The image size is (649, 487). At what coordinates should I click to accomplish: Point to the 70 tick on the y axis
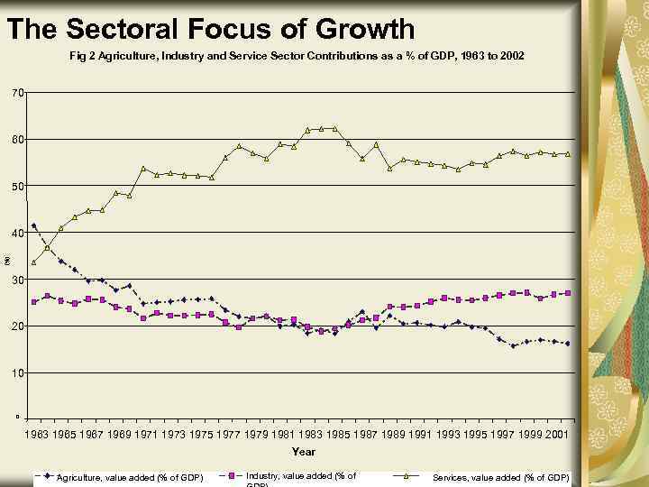point(18,93)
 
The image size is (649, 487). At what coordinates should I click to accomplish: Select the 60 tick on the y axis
point(18,140)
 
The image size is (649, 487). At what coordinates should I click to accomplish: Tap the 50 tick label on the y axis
point(18,187)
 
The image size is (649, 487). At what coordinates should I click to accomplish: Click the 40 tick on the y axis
point(18,234)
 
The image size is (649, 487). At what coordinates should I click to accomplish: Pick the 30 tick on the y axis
point(18,280)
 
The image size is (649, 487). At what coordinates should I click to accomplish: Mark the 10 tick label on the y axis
point(18,372)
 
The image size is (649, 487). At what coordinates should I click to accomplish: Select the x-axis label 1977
point(232,435)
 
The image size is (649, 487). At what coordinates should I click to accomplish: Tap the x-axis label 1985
point(341,435)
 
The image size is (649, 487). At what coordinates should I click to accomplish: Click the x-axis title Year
point(303,452)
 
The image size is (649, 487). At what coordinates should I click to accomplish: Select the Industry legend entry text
point(300,476)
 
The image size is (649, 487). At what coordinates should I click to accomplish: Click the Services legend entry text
point(501,477)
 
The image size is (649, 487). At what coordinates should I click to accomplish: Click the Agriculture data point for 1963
point(34,225)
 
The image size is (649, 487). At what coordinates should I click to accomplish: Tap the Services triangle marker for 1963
point(34,262)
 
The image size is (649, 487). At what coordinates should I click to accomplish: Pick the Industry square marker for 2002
point(568,293)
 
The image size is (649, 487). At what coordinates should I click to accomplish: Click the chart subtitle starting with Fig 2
point(297,56)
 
